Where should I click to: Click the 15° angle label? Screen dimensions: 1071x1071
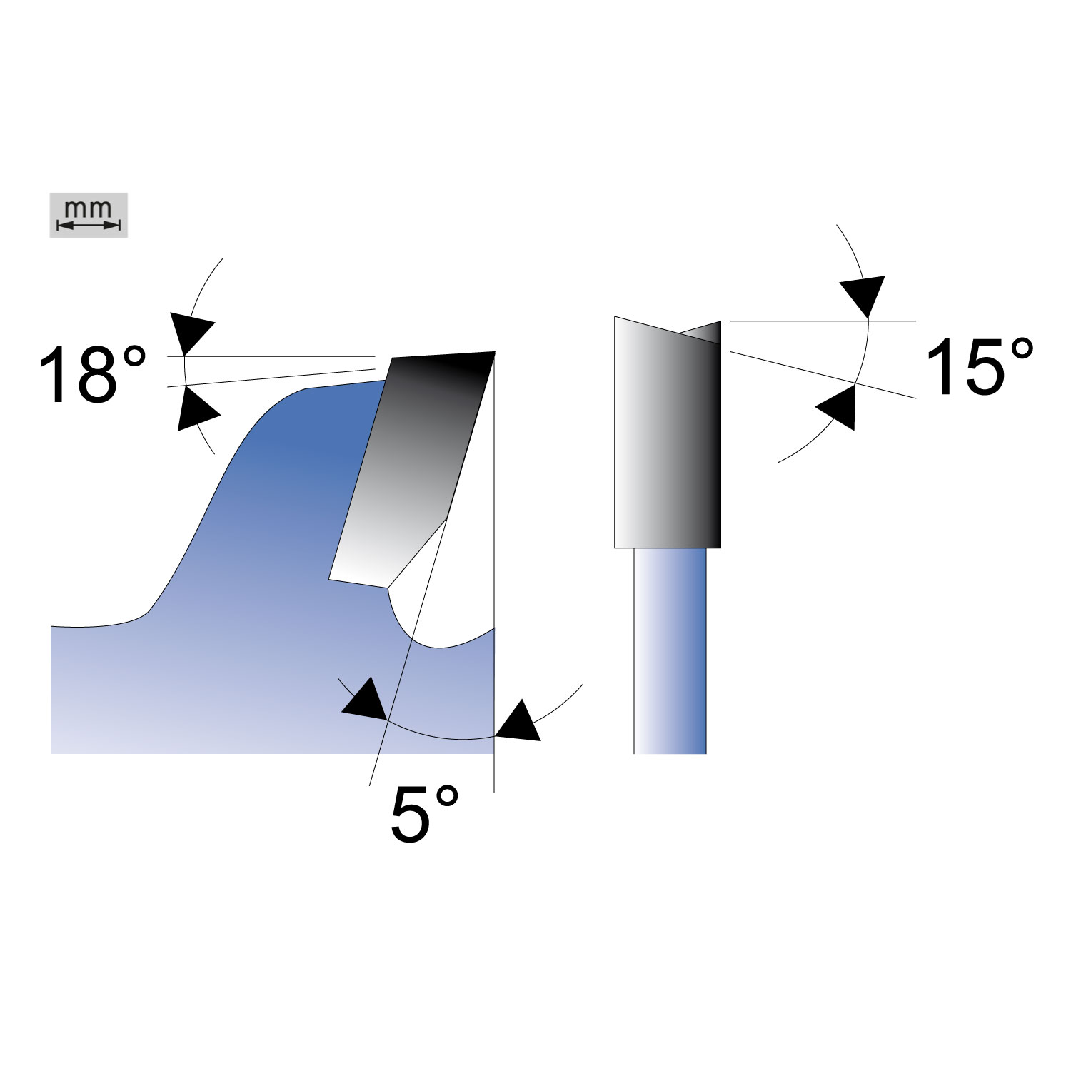click(979, 367)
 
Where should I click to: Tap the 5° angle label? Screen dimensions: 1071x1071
click(424, 813)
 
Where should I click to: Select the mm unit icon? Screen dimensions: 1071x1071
click(89, 215)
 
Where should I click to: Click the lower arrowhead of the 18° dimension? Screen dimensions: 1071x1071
click(194, 409)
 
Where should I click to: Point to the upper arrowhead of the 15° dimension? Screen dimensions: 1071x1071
click(863, 296)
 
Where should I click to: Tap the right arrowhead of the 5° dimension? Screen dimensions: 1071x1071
click(518, 721)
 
